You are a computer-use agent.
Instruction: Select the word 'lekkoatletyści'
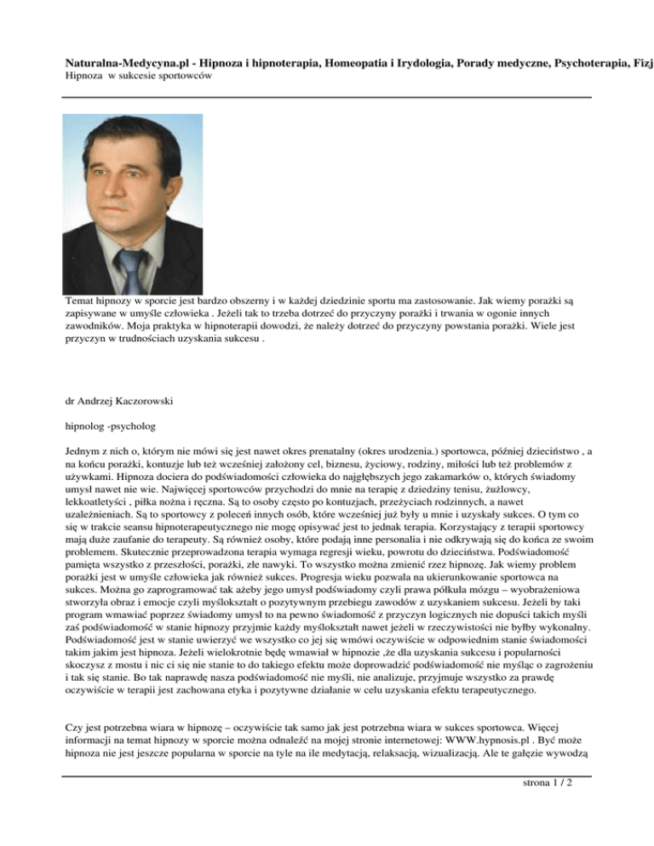click(99, 522)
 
